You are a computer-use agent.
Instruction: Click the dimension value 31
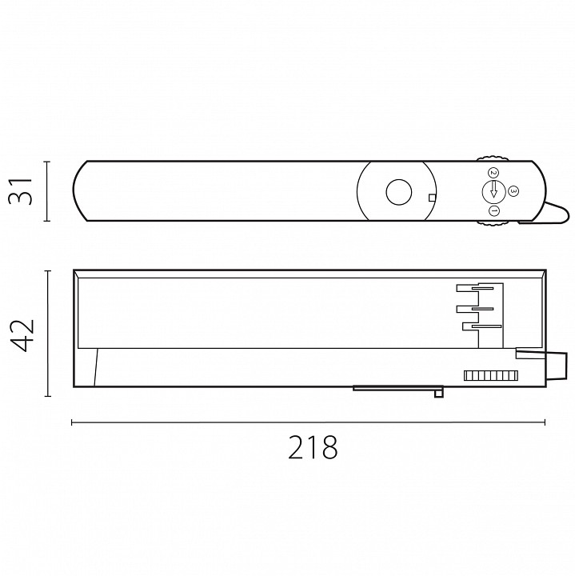(x=20, y=191)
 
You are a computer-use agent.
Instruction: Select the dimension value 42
(x=22, y=336)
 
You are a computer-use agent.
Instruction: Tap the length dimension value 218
(x=313, y=447)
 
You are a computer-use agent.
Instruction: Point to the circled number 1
(x=494, y=211)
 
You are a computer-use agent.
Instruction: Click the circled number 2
(x=493, y=172)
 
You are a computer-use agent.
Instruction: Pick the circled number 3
(x=513, y=190)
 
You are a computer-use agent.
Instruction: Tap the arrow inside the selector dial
(x=493, y=189)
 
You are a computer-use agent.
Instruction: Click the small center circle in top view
(x=398, y=192)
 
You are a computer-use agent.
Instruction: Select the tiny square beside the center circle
(x=432, y=198)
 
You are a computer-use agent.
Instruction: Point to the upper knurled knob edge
(x=493, y=158)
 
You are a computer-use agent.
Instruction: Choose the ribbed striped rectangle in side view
(x=490, y=375)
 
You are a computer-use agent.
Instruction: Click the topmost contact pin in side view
(x=482, y=288)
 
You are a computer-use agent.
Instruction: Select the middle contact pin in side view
(x=482, y=309)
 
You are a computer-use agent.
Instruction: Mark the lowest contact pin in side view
(x=486, y=326)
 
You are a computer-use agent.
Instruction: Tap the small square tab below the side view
(x=438, y=394)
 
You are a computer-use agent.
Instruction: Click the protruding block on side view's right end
(x=557, y=366)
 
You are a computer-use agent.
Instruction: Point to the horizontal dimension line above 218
(x=308, y=422)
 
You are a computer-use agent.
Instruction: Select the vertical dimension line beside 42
(x=48, y=334)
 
